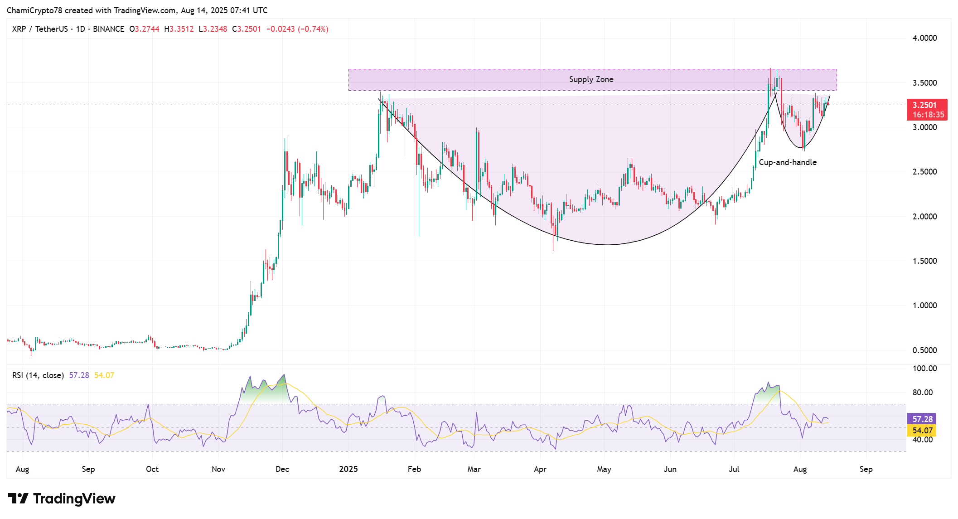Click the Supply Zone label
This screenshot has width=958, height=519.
coord(591,79)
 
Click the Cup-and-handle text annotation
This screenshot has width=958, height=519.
coord(788,162)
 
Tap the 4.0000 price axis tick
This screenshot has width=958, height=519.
coord(924,38)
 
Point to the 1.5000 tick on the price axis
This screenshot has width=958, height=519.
coord(924,261)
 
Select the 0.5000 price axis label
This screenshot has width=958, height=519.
coord(924,350)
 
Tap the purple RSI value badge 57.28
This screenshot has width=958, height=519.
coord(922,419)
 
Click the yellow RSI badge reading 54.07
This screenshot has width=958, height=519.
coord(922,431)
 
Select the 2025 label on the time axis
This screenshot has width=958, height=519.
coord(348,469)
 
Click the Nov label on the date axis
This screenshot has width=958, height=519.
coord(218,469)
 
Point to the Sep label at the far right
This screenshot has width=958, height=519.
coord(866,469)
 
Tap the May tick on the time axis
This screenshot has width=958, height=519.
coord(604,469)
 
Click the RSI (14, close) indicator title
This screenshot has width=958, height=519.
coord(38,375)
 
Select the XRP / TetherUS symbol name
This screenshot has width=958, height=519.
coord(40,29)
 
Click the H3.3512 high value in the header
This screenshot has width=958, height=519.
coord(179,29)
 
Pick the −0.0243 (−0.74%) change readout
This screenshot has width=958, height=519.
coord(297,29)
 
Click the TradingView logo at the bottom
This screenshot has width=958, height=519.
coord(62,499)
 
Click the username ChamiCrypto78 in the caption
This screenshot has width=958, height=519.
coord(34,10)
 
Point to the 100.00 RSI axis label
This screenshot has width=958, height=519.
coord(924,369)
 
